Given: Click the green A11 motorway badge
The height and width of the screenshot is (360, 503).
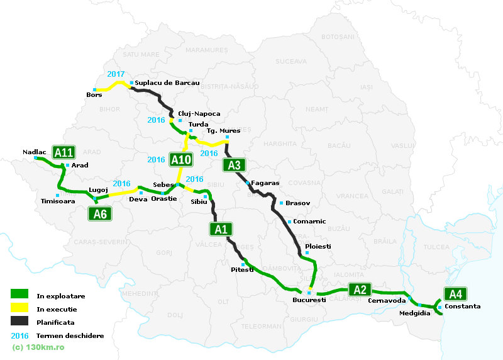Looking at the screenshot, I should point(64,152).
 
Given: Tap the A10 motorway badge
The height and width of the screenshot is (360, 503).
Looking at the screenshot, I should point(181,159).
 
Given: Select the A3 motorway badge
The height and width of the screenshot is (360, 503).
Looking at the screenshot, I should point(233,166).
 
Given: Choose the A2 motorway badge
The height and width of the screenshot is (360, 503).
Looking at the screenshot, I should point(360,290).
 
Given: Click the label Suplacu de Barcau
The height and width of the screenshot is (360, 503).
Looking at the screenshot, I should point(167,82).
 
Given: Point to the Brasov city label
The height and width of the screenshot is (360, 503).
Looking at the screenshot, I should point(297,203).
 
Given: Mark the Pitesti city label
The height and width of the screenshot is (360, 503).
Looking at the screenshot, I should point(242,269).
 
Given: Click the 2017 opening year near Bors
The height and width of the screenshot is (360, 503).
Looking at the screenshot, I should point(116,74).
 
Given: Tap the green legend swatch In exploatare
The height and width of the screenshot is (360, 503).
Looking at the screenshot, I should point(19,295).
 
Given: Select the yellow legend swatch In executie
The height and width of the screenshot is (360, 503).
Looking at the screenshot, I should point(19,308).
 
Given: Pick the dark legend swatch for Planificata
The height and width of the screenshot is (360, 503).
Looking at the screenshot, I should point(19,322).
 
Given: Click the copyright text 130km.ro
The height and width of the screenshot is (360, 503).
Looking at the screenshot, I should point(38,347).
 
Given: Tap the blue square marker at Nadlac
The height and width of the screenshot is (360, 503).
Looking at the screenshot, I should point(35,159).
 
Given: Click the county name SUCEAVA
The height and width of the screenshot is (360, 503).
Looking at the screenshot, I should point(290,61).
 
